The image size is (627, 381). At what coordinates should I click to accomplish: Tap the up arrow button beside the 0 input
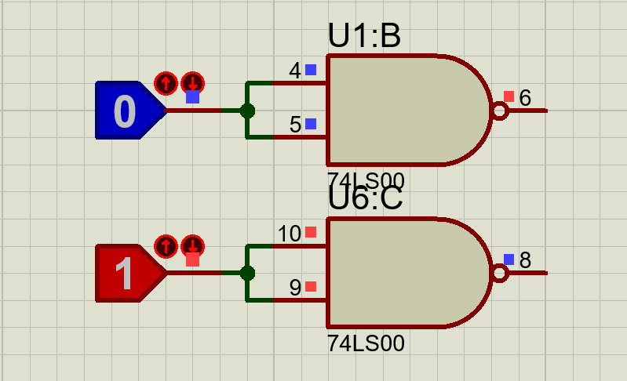click(x=166, y=83)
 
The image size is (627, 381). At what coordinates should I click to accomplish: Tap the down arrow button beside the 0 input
click(x=193, y=83)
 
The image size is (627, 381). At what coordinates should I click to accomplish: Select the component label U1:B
click(x=364, y=35)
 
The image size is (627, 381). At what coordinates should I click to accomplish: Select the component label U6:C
click(x=365, y=198)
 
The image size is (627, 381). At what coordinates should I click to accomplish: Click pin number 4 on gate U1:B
click(x=295, y=71)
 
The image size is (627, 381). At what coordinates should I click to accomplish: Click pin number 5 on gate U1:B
click(x=295, y=125)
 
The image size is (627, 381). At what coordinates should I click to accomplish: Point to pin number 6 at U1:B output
click(x=525, y=98)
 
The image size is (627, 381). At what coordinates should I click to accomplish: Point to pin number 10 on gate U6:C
click(x=289, y=234)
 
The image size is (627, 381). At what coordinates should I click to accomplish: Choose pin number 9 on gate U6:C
click(x=295, y=288)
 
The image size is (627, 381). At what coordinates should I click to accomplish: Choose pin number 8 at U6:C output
click(x=525, y=260)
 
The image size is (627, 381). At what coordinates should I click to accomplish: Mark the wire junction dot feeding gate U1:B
click(x=247, y=111)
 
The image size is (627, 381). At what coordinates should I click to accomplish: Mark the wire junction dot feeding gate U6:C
click(x=247, y=273)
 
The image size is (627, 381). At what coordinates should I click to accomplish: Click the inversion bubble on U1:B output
click(x=500, y=111)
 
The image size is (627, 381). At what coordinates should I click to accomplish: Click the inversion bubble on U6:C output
click(x=500, y=273)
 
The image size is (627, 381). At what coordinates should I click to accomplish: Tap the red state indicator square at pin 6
click(x=509, y=96)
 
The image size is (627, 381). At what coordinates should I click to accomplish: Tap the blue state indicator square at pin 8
click(x=509, y=259)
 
